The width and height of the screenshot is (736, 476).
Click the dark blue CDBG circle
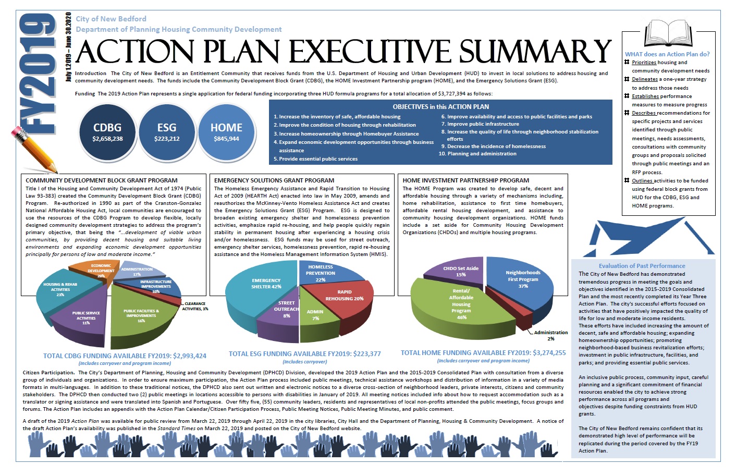click(107, 132)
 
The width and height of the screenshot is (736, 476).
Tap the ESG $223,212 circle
click(167, 132)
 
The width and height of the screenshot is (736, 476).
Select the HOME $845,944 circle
click(226, 132)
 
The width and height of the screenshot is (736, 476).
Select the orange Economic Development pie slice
click(94, 268)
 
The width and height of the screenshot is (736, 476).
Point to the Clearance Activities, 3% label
click(195, 306)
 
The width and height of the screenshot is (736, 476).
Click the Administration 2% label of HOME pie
click(550, 335)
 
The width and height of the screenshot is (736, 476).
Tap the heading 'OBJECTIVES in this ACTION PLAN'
click(440, 106)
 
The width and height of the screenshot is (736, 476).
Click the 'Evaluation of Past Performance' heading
click(642, 266)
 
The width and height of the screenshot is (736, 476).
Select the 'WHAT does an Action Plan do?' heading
click(667, 54)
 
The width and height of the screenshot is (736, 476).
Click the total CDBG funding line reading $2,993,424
click(125, 356)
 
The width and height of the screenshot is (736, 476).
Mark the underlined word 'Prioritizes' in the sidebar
click(644, 63)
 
